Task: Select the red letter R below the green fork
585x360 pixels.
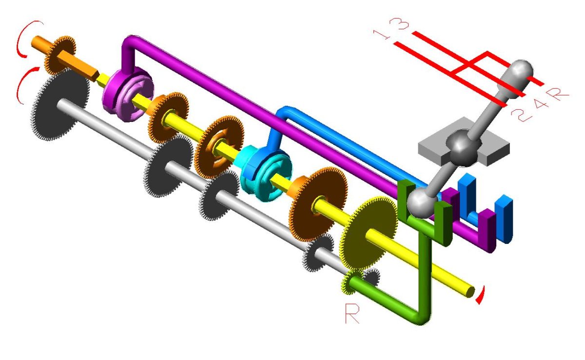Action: (x=352, y=314)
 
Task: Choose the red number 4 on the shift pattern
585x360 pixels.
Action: (x=540, y=104)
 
